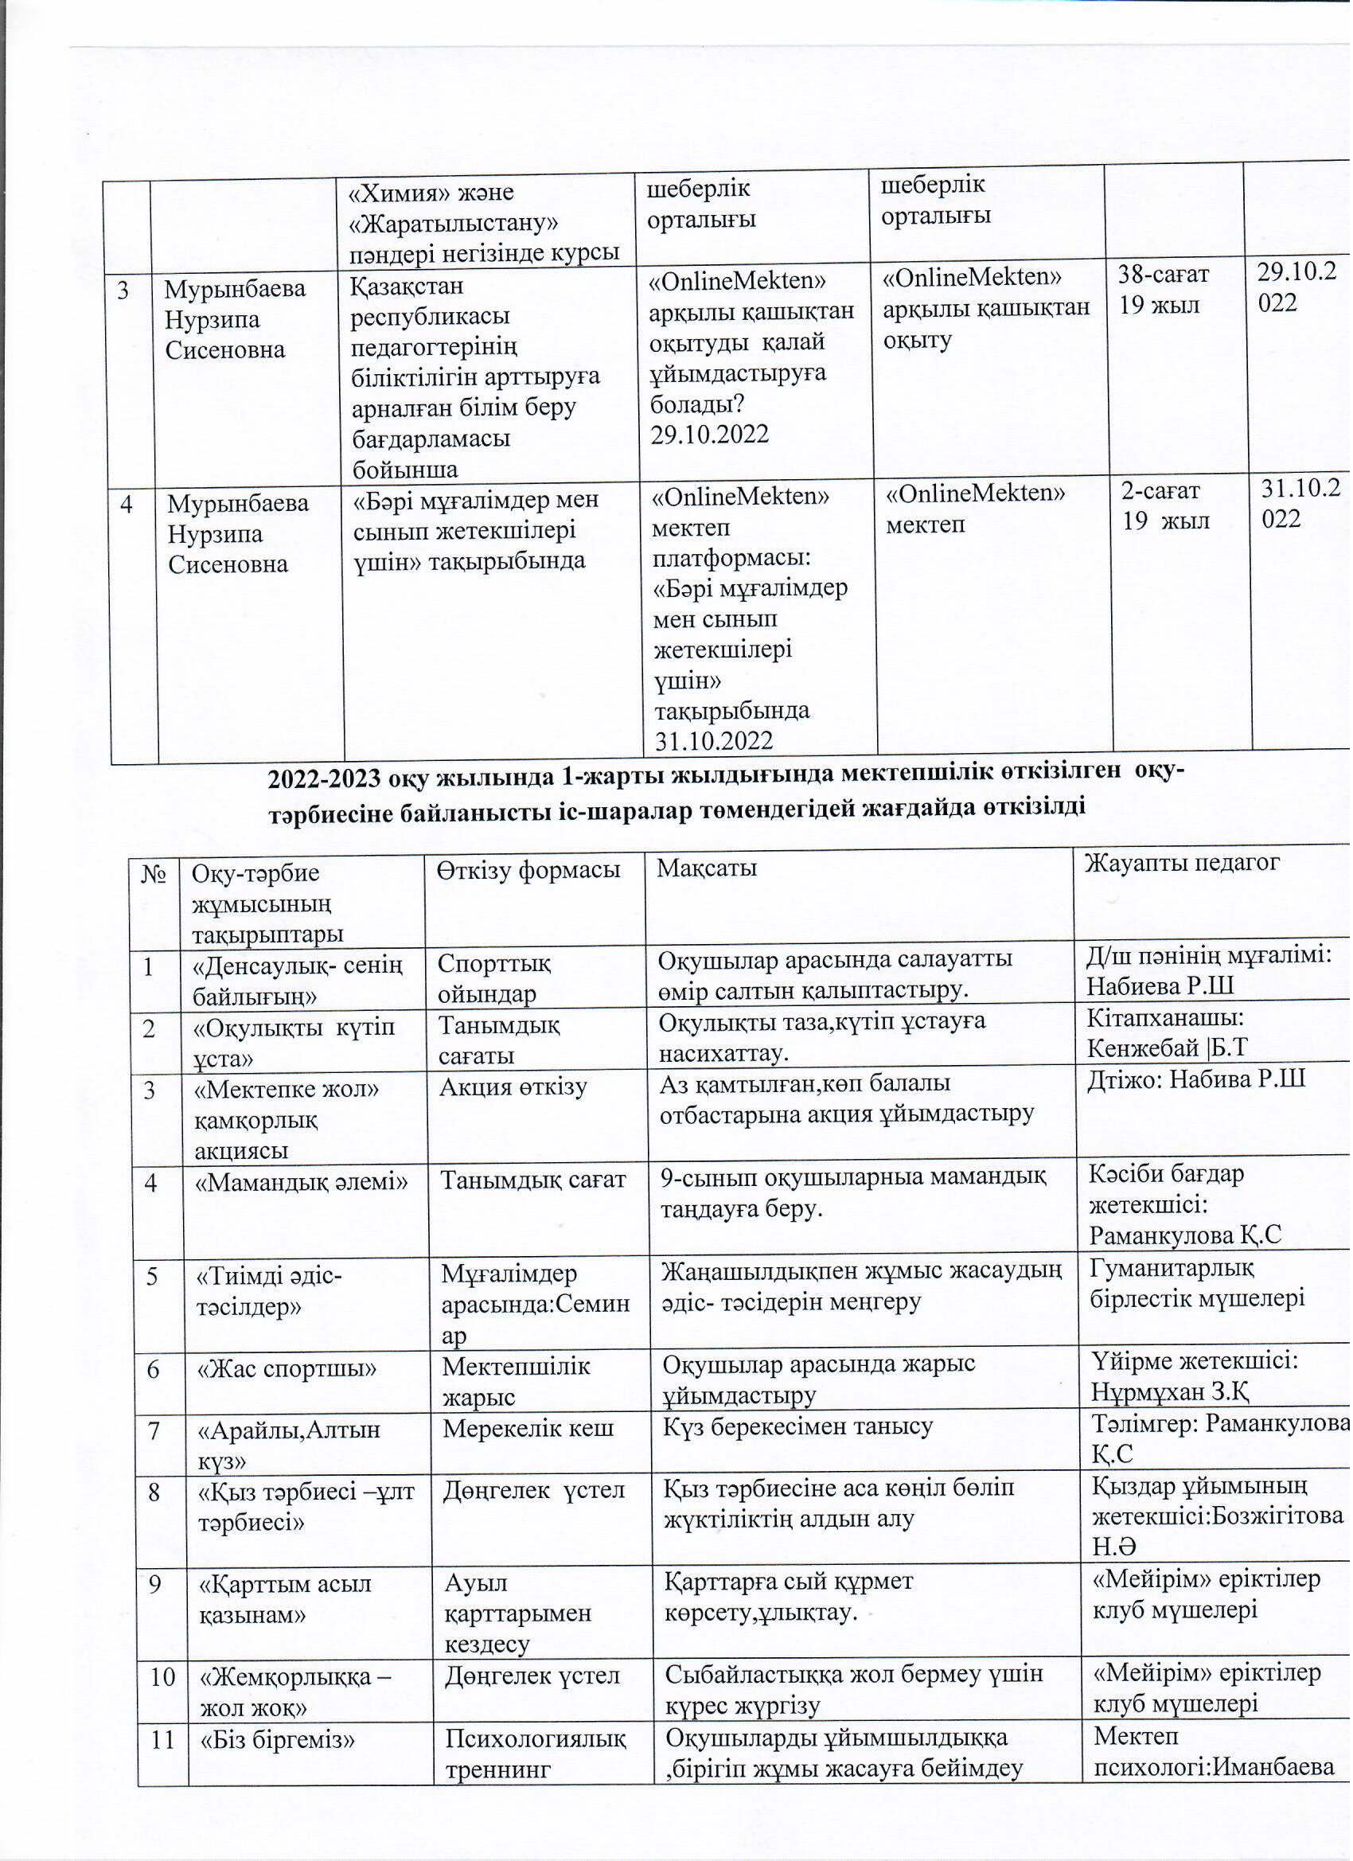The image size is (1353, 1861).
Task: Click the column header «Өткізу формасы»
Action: [528, 871]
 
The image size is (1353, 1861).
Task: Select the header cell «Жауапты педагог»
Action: [1183, 862]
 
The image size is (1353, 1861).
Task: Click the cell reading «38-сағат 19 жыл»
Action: [1164, 290]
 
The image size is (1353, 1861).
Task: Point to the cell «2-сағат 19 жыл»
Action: [1165, 505]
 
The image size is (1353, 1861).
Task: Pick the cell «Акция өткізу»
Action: [513, 1088]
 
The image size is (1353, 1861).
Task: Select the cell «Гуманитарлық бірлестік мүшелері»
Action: [1197, 1283]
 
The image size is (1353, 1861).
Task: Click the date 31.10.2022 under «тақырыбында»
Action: [713, 742]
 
